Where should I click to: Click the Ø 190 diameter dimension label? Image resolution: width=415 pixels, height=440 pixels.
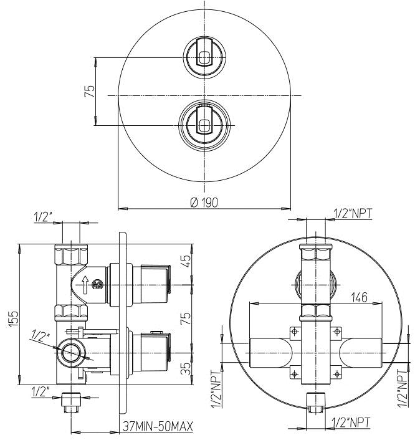[x=204, y=202]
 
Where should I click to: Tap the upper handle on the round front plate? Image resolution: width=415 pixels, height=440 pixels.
[x=204, y=58]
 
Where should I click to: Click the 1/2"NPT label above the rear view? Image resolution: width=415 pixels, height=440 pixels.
[x=353, y=214]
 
